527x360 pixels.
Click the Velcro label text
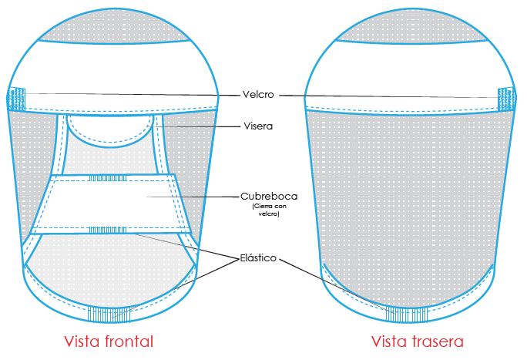(x=260, y=95)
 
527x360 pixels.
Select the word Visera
(x=259, y=125)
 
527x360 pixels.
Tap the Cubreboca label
(x=268, y=196)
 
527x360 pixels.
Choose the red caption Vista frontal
(x=109, y=341)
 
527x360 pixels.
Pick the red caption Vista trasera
(x=418, y=341)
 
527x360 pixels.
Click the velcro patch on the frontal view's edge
(x=16, y=99)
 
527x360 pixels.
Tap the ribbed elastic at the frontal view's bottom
(x=108, y=315)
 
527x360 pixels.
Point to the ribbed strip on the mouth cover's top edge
(x=107, y=178)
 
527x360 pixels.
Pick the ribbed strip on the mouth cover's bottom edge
(x=109, y=230)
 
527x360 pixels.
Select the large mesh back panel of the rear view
(x=409, y=200)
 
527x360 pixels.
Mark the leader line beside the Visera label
(x=201, y=126)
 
